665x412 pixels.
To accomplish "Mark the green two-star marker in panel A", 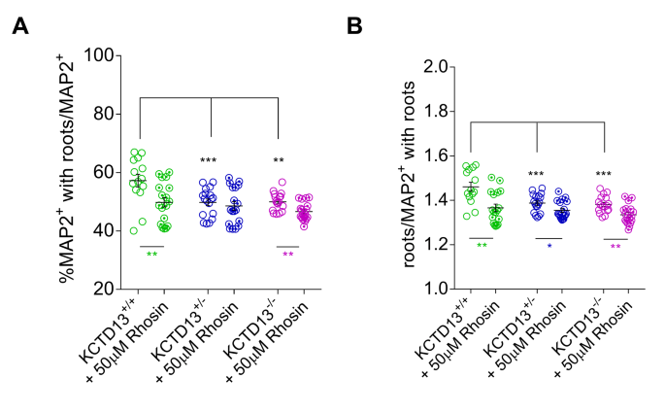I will [151, 255].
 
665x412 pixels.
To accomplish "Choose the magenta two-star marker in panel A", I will [288, 255].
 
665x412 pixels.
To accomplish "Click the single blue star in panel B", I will [549, 247].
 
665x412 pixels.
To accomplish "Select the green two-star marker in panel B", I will [482, 247].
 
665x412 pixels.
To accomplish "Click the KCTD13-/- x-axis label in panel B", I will [580, 334].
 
